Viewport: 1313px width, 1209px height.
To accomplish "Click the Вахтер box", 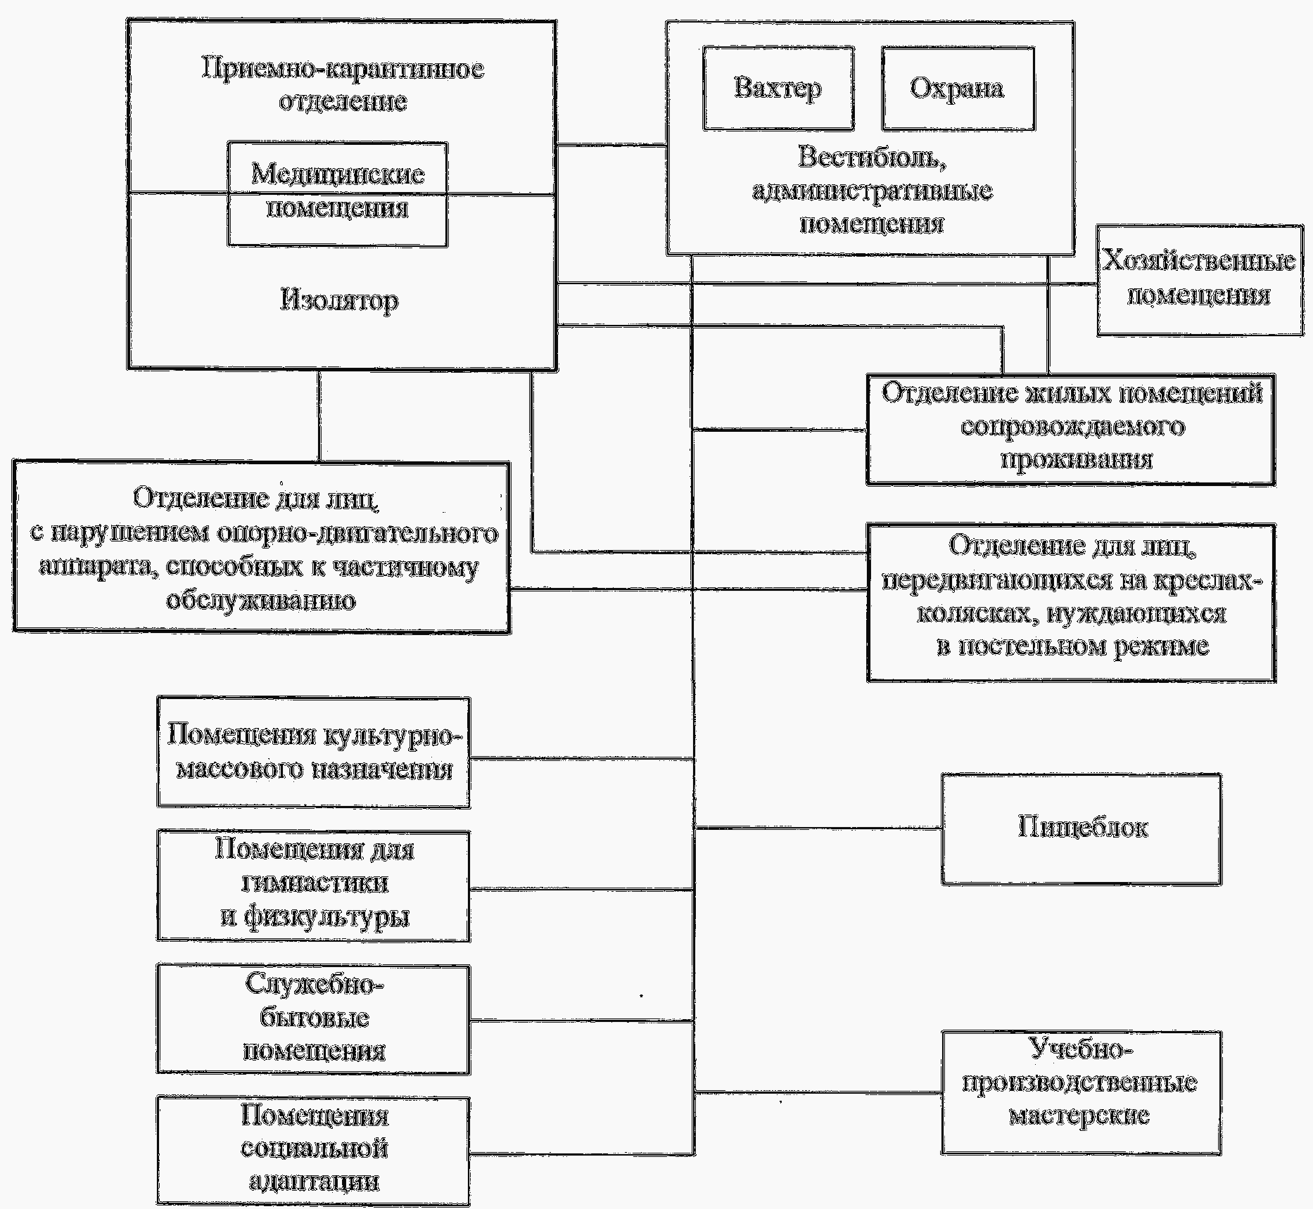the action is (778, 89).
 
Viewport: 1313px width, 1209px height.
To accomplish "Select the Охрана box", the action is (958, 89).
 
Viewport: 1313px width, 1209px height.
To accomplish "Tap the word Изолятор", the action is (339, 301).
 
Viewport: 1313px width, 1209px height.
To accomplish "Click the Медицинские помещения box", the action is (337, 194).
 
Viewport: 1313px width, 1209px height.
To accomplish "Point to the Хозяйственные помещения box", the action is (1200, 280).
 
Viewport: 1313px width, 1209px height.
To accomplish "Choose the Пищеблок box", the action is (1082, 829).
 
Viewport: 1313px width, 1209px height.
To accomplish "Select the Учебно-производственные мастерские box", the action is (1082, 1092).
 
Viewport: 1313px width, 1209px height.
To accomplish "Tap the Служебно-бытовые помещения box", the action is (313, 1019).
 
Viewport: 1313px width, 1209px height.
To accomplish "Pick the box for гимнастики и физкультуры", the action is (313, 886).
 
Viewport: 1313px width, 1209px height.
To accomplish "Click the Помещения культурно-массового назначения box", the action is (313, 753).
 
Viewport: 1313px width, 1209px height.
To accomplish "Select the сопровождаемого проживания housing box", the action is (1070, 430).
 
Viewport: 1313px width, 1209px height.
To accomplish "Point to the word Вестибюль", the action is (873, 157).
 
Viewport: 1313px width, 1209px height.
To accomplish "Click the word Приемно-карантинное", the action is (343, 70).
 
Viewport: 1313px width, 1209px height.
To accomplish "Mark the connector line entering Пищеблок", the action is (818, 829).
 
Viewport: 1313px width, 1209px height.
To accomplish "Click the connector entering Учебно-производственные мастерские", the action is (818, 1092).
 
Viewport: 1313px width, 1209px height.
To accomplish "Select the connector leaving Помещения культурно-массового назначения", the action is (582, 758).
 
